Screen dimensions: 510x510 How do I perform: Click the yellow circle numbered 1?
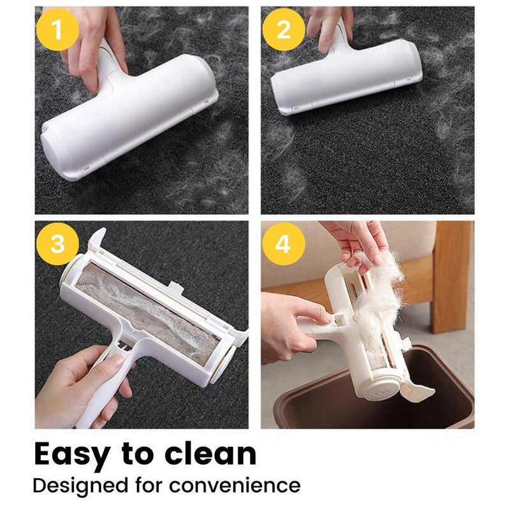pyautogui.click(x=58, y=30)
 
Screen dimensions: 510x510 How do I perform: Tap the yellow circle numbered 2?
pyautogui.click(x=282, y=30)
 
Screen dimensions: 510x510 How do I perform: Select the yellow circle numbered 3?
pyautogui.click(x=58, y=244)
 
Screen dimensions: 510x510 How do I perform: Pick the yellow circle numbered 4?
pyautogui.click(x=282, y=244)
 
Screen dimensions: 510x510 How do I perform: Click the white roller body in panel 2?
pyautogui.click(x=344, y=80)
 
